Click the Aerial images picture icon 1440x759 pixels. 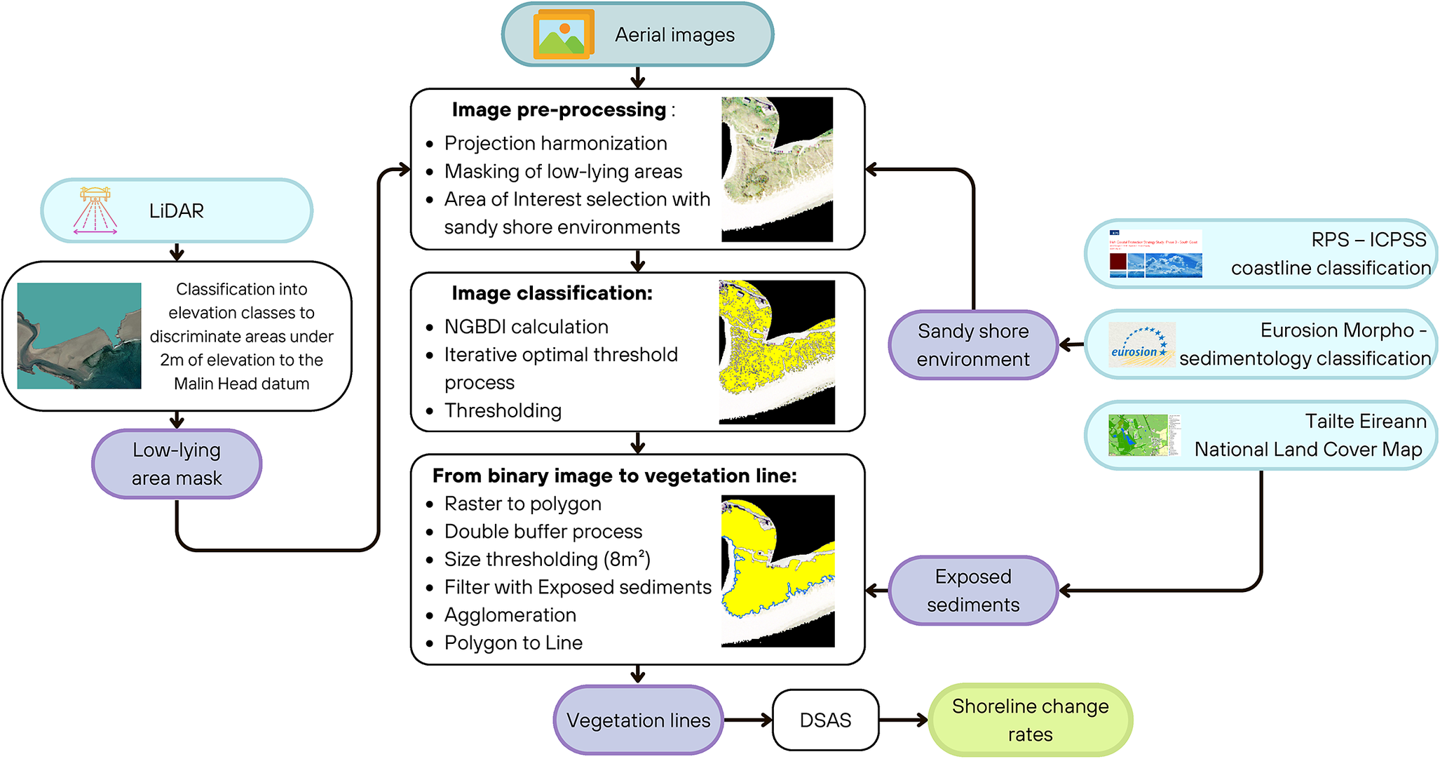point(564,34)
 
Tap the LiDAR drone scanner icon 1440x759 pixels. point(95,210)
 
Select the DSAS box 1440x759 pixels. point(825,720)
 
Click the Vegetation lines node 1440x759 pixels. point(638,720)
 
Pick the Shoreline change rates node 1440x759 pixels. point(1030,720)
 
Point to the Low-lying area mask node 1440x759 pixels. point(177,464)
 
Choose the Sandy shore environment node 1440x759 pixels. point(972,344)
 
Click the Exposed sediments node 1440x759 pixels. point(972,590)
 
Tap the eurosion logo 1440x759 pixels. point(1141,344)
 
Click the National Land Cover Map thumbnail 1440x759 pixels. point(1144,435)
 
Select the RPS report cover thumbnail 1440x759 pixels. point(1155,253)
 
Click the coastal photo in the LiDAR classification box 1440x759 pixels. point(79,335)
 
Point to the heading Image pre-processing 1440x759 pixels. point(559,109)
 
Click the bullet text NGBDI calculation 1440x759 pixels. point(526,327)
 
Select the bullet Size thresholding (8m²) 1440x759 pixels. point(547,559)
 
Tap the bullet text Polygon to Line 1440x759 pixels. point(513,643)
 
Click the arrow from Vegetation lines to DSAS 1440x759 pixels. point(747,720)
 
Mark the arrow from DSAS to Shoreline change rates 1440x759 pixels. point(903,720)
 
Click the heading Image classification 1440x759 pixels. point(552,293)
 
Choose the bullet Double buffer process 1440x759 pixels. point(543,531)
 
